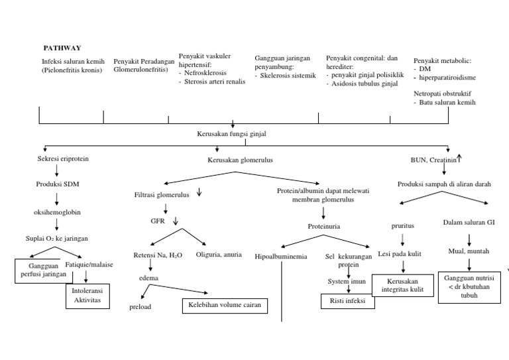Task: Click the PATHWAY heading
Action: coord(62,48)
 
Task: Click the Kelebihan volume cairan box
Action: coord(225,306)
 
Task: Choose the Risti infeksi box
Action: coord(347,302)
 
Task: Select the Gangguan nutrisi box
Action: coord(469,286)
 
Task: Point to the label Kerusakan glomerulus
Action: coord(240,160)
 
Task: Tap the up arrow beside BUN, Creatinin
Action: coord(459,157)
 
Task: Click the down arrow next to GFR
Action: coord(176,221)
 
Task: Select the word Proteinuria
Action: coord(323,226)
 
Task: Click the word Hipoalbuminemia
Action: coord(281,256)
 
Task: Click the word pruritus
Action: coord(402,225)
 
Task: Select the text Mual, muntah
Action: coord(469,251)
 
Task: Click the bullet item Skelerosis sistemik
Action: coord(286,76)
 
